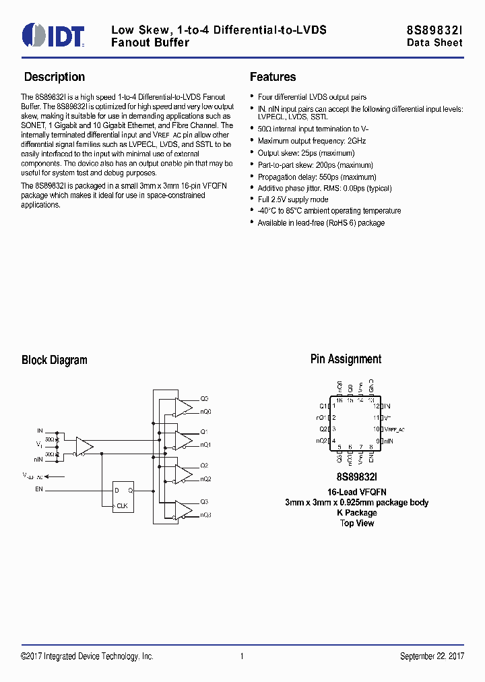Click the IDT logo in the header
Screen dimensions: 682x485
[53, 34]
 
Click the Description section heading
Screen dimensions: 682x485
[55, 77]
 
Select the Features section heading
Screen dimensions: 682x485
[273, 77]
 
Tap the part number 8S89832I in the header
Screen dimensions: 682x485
[434, 30]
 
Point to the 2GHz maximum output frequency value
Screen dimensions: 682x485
[356, 141]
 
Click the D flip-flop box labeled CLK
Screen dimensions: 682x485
[123, 497]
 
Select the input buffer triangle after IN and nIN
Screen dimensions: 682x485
[84, 446]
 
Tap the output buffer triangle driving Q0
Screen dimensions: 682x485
[183, 405]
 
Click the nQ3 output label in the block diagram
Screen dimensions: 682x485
[205, 515]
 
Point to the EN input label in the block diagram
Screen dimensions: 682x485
[38, 489]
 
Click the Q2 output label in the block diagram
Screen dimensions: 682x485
[204, 466]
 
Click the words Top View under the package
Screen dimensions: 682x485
[357, 523]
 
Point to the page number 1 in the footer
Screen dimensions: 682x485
[242, 656]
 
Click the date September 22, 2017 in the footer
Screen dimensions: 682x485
[432, 656]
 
